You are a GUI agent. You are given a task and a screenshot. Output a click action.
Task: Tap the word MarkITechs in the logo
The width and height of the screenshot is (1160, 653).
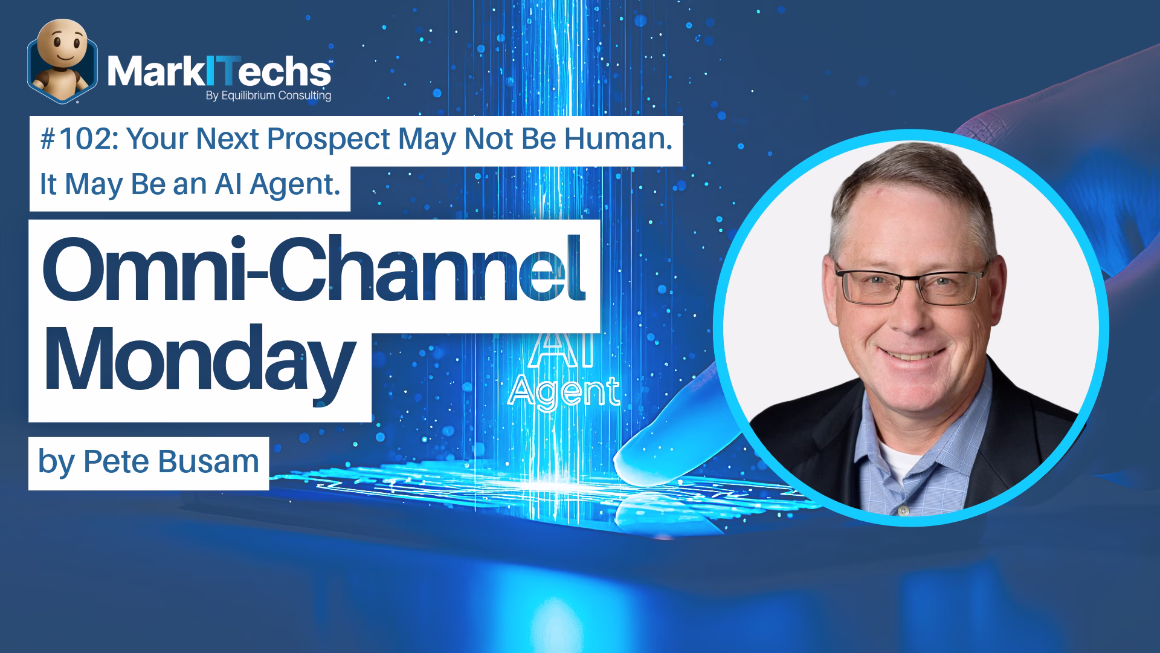(x=219, y=72)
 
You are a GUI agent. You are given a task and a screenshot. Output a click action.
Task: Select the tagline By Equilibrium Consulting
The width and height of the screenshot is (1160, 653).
(x=268, y=96)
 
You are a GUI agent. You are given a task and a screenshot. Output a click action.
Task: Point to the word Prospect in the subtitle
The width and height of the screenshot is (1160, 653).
(x=328, y=140)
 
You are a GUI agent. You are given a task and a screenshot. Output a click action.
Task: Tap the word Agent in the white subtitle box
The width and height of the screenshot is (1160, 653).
(x=295, y=184)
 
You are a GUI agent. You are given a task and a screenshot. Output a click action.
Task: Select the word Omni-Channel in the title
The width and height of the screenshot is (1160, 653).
(x=314, y=271)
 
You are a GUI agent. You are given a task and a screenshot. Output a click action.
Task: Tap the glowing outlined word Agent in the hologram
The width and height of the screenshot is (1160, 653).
(x=564, y=392)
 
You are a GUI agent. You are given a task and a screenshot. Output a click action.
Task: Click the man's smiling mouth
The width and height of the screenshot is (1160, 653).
(x=914, y=355)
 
